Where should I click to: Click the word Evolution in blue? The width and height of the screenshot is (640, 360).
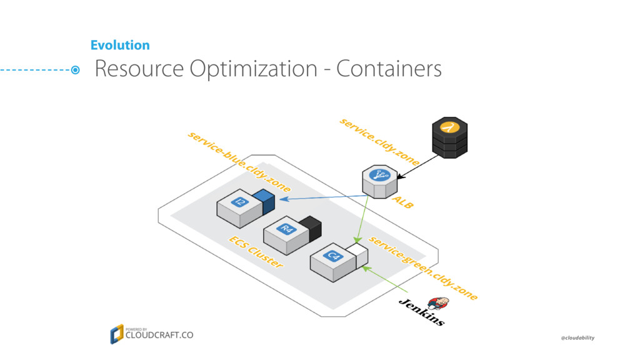click(x=120, y=45)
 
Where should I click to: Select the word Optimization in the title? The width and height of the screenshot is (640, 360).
click(x=253, y=69)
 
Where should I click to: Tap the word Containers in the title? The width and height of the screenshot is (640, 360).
click(x=389, y=68)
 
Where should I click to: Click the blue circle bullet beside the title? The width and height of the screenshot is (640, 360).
click(x=75, y=70)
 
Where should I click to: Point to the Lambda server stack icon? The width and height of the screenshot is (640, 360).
click(x=450, y=137)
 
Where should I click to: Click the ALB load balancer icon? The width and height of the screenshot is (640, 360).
click(x=379, y=182)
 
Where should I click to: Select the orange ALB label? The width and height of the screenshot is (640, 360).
click(x=403, y=202)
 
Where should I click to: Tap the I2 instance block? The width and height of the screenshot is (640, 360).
click(x=239, y=208)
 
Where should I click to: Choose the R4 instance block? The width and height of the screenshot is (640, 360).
click(x=286, y=236)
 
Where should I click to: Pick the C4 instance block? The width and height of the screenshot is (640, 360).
click(x=333, y=262)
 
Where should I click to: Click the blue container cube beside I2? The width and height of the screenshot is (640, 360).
click(x=264, y=202)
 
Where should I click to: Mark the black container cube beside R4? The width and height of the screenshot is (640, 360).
click(x=310, y=229)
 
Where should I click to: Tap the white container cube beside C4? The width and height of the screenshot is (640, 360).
click(x=357, y=256)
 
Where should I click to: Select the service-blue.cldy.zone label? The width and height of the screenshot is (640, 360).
click(x=239, y=162)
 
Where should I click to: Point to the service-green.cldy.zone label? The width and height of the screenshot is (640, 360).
click(x=423, y=268)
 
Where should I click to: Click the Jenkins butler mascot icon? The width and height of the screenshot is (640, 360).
click(x=438, y=304)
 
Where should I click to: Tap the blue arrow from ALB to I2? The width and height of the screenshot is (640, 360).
click(x=323, y=197)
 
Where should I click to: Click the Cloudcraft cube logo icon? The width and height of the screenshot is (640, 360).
click(x=117, y=334)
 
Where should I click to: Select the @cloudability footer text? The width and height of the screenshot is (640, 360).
click(x=577, y=338)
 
